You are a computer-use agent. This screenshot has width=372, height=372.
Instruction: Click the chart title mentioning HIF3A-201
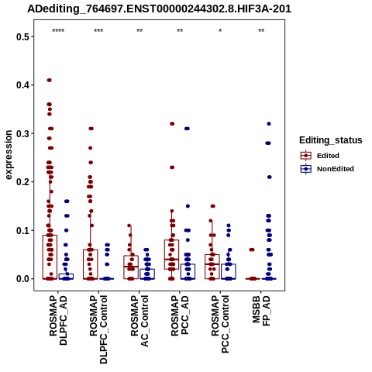160,9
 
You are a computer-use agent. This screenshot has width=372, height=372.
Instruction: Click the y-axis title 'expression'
9,155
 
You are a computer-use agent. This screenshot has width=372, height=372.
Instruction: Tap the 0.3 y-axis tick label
22,133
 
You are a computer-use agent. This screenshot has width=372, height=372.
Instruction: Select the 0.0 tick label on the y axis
22,279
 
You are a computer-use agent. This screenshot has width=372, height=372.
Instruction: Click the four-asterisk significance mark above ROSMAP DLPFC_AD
58,31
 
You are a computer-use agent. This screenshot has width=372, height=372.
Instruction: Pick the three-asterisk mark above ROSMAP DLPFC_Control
98,31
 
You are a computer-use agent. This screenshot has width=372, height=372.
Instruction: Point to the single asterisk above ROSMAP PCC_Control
220,31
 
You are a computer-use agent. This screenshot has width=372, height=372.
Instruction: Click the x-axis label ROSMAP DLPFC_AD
58,320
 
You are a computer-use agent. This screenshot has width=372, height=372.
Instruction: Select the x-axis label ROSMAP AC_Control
139,321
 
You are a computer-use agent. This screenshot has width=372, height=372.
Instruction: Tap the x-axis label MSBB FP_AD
261,311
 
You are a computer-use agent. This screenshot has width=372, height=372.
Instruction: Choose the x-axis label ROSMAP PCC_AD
180,315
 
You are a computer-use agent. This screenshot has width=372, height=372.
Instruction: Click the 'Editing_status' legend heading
331,140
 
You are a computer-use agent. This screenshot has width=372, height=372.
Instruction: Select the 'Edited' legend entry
328,156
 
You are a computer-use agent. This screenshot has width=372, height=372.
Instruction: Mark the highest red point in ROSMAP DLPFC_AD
49,80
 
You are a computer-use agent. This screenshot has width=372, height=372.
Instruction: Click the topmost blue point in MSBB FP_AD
269,124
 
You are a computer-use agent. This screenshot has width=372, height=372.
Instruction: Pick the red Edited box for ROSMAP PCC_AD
171,254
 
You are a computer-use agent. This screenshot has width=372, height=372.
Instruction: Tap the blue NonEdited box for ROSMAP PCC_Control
229,271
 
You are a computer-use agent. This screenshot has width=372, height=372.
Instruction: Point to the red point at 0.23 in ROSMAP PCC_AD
172,167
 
